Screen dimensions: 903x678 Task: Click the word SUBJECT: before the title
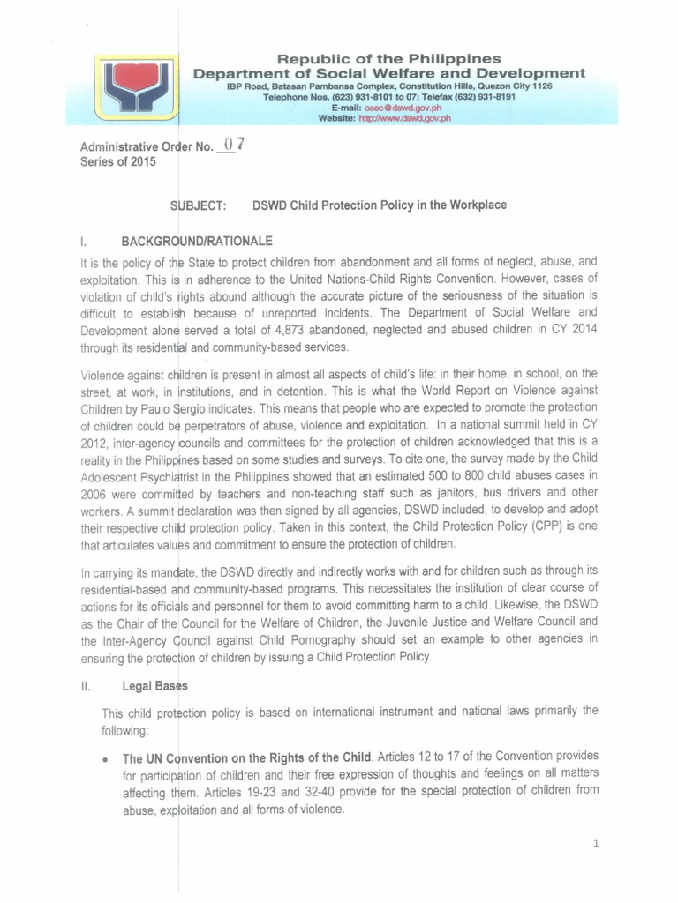pyautogui.click(x=200, y=205)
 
